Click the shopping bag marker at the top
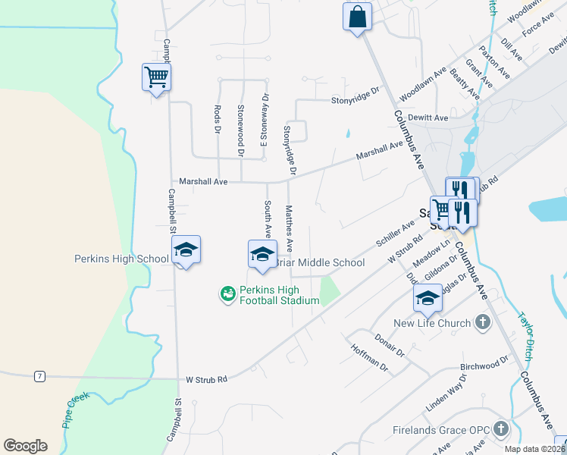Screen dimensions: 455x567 click(x=358, y=16)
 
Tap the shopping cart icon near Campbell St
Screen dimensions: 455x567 click(x=156, y=77)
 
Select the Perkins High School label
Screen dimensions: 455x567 click(x=121, y=259)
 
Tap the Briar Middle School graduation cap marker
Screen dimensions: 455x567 click(x=262, y=253)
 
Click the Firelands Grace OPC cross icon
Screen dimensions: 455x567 click(x=500, y=430)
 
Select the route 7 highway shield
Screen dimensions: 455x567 click(x=39, y=376)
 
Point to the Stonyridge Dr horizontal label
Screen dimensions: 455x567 click(x=354, y=99)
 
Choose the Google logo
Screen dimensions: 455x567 click(x=25, y=446)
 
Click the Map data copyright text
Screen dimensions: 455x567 click(x=535, y=449)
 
